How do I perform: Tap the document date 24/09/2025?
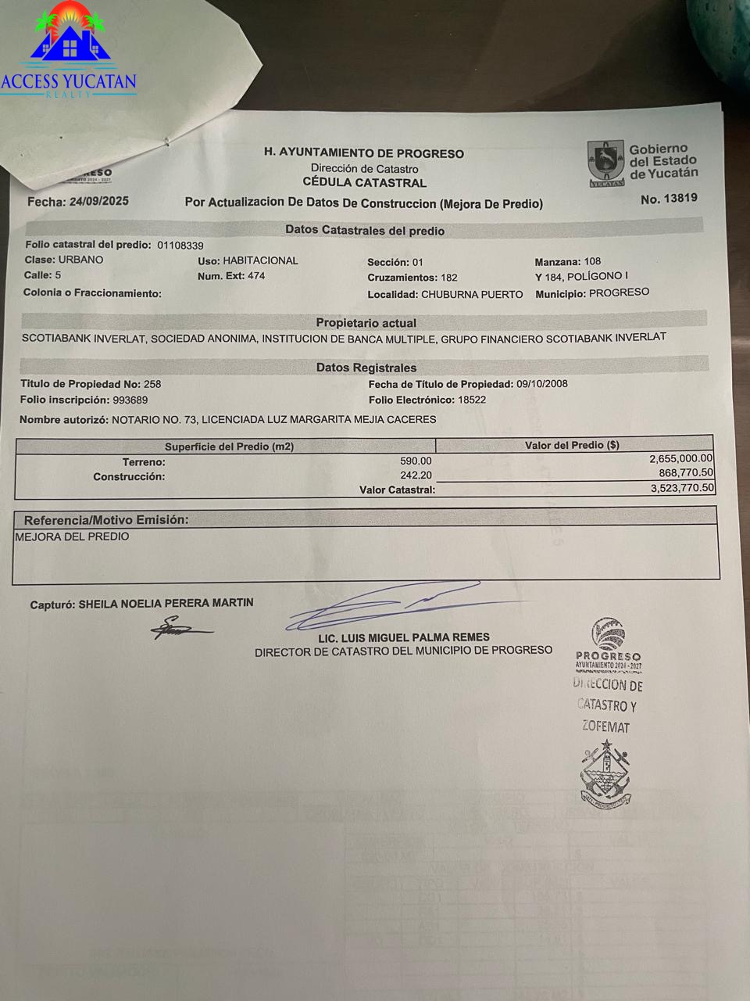(98, 201)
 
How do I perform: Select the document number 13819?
(679, 199)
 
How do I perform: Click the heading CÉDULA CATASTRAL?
(364, 183)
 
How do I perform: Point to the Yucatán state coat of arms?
(605, 163)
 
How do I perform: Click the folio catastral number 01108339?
(180, 246)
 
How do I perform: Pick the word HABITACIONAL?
(260, 260)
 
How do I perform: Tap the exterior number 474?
(255, 276)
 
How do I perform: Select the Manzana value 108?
(592, 261)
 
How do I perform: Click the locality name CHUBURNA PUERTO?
(472, 295)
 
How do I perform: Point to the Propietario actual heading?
(366, 323)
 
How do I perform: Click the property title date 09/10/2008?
(542, 384)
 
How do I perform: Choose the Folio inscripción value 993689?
(130, 400)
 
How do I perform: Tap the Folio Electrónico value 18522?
(472, 400)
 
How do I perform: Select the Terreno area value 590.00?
(416, 461)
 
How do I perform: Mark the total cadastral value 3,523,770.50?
(682, 488)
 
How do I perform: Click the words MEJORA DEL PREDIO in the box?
(72, 537)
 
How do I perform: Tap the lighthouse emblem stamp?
(605, 777)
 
